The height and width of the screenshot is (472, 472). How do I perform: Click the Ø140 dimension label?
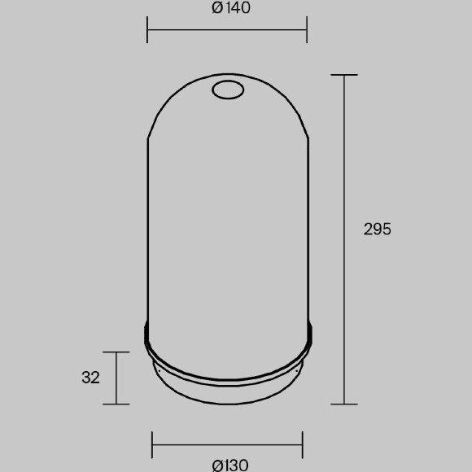click(231, 8)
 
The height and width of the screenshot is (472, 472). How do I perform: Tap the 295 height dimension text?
click(377, 229)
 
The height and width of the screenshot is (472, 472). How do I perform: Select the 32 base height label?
click(90, 377)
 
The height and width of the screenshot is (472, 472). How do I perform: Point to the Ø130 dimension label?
click(230, 465)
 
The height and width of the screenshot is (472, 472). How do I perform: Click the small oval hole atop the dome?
click(228, 90)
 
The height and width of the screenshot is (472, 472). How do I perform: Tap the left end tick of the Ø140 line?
click(147, 30)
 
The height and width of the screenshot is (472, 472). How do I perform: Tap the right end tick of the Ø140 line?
click(307, 30)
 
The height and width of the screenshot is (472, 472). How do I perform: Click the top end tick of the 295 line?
click(344, 75)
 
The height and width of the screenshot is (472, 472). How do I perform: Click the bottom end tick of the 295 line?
click(344, 404)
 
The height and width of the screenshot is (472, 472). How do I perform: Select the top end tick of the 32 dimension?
click(116, 352)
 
